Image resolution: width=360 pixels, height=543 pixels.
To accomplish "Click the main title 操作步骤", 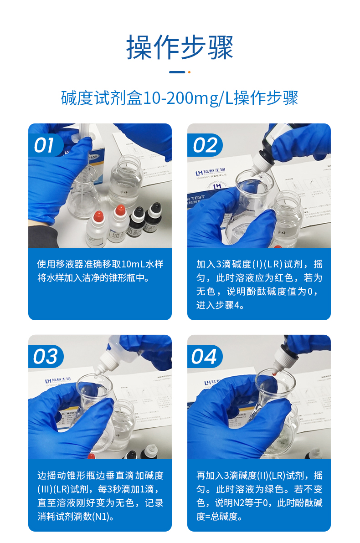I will (180, 47).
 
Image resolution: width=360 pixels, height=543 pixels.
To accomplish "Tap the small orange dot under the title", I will (189, 72).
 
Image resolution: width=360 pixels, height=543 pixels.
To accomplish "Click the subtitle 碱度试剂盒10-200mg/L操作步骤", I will (180, 98).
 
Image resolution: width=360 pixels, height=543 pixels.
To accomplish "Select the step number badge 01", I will (45, 146).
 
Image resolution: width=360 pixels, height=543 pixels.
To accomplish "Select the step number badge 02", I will (205, 146).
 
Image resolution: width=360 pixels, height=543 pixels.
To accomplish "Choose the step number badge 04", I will (205, 357).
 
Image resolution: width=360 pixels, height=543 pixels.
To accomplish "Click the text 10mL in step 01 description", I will (133, 264).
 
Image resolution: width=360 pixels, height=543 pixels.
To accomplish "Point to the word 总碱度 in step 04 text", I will (227, 517).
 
